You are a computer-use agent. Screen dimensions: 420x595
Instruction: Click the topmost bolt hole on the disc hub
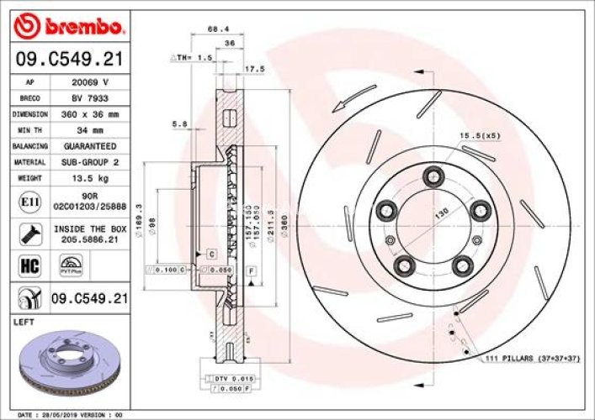[x=434, y=176]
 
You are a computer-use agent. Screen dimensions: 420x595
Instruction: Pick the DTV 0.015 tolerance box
[x=225, y=380]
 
